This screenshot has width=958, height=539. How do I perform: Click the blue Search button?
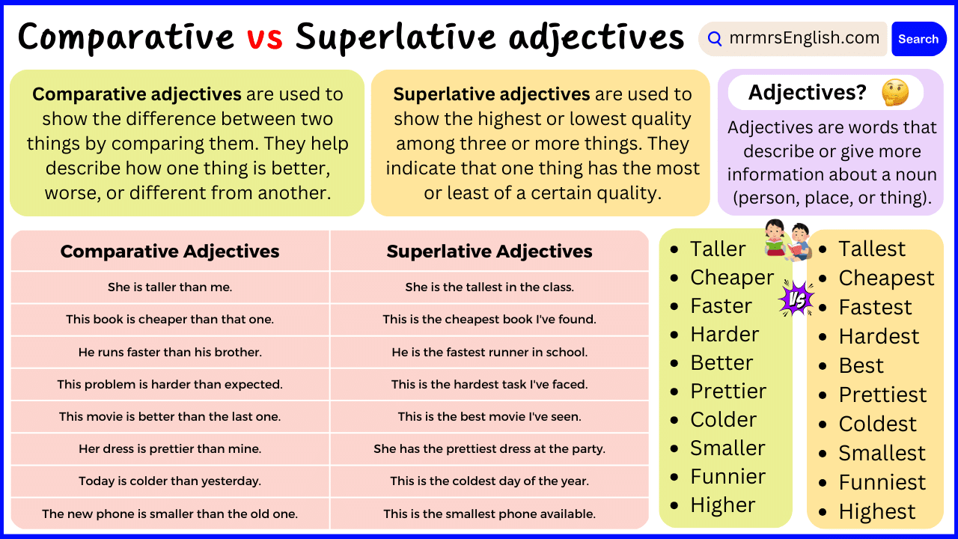(918, 39)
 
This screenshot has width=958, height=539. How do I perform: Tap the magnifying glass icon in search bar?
(715, 39)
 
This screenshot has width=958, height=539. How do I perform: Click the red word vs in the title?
(265, 37)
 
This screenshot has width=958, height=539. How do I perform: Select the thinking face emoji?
(894, 92)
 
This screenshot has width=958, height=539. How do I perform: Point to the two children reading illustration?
(787, 240)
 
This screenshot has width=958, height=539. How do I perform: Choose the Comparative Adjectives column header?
(170, 252)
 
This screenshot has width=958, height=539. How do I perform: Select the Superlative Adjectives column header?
(489, 252)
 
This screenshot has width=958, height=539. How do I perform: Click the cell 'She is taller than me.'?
(170, 287)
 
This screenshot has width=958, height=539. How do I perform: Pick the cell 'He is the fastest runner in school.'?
(489, 352)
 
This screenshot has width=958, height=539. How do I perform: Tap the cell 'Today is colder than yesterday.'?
(170, 481)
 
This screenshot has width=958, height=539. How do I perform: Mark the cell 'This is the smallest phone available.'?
(489, 514)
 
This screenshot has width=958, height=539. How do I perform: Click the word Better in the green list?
(721, 362)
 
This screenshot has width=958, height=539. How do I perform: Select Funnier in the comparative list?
(727, 476)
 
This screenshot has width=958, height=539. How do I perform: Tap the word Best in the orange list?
(861, 365)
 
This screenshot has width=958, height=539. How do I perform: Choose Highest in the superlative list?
(876, 511)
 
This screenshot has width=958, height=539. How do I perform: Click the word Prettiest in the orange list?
(882, 395)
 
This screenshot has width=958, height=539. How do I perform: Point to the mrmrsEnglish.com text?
(804, 38)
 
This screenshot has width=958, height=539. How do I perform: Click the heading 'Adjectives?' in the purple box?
(807, 92)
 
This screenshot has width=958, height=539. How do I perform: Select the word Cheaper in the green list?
(731, 277)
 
